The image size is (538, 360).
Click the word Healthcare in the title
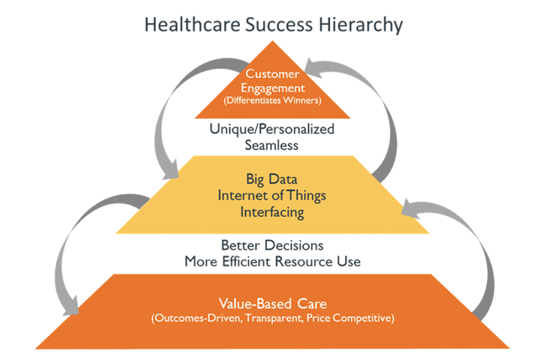pyautogui.click(x=192, y=24)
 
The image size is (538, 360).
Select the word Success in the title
pyautogui.click(x=279, y=24)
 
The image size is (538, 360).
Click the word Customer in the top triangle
pyautogui.click(x=272, y=73)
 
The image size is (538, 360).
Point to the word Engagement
pyautogui.click(x=273, y=88)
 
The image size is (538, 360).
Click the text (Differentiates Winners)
pyautogui.click(x=272, y=100)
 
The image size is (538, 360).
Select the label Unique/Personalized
pyautogui.click(x=272, y=129)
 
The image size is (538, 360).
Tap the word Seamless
pyautogui.click(x=271, y=145)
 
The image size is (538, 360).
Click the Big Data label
pyautogui.click(x=272, y=179)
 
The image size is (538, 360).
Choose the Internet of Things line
pyautogui.click(x=272, y=196)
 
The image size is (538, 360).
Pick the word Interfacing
pyautogui.click(x=272, y=212)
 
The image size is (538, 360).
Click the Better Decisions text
pyautogui.click(x=272, y=245)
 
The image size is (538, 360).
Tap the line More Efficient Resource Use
pyautogui.click(x=272, y=262)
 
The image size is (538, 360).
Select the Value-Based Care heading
pyautogui.click(x=273, y=304)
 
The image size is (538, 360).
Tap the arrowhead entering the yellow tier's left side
pyautogui.click(x=170, y=170)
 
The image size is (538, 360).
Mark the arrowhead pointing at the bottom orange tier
pyautogui.click(x=71, y=306)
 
